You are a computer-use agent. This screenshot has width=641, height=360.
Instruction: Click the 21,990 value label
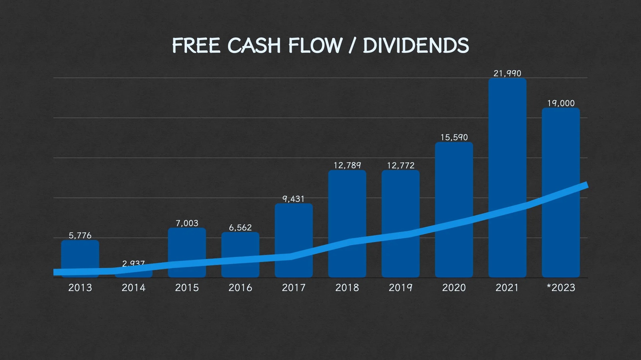tap(507, 73)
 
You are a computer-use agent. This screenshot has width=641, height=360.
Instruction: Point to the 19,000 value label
tap(561, 103)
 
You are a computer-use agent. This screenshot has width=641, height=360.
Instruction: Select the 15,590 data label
tap(454, 137)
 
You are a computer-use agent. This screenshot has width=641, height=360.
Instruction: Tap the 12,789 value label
tap(347, 165)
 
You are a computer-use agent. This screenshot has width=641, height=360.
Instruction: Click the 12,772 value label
tap(400, 165)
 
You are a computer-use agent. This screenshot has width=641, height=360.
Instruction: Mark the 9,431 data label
tap(293, 199)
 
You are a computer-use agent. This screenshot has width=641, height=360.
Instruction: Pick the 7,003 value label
tap(187, 223)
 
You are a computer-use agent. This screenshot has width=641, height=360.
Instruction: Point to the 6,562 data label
tap(240, 228)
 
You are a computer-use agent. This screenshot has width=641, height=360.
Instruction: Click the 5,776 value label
tap(80, 236)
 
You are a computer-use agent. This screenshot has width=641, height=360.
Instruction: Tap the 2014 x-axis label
tap(133, 288)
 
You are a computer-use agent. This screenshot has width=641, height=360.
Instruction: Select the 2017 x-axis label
tap(293, 288)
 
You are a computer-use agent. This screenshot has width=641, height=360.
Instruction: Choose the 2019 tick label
tap(400, 288)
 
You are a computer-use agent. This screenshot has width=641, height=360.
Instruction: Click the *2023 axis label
tap(561, 288)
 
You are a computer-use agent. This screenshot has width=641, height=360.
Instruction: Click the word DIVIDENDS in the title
tap(416, 46)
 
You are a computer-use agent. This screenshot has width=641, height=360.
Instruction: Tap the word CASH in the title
tap(254, 46)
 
